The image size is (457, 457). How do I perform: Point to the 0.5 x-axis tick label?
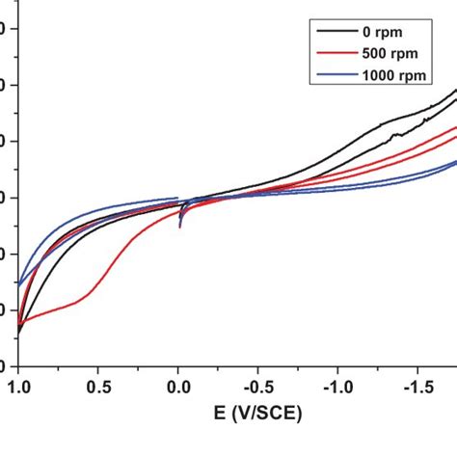pyautogui.click(x=98, y=387)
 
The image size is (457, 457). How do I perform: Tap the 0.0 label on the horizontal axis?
pyautogui.click(x=178, y=387)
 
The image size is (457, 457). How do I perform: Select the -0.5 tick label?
pyautogui.click(x=255, y=387)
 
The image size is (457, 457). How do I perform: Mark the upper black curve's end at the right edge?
pyautogui.click(x=455, y=90)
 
